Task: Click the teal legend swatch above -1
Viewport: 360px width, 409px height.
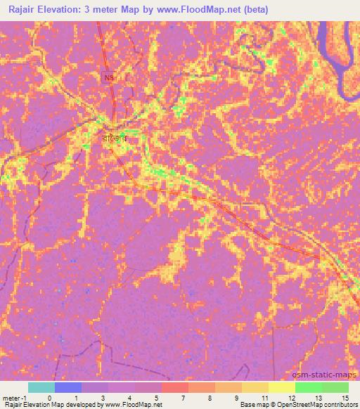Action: [x=41, y=387]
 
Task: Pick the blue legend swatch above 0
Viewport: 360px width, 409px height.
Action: [x=68, y=387]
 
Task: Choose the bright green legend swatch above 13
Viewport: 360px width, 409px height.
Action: [x=309, y=387]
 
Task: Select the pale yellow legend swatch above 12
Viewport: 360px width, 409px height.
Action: [x=282, y=387]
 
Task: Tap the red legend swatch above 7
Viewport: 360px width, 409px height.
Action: [x=175, y=387]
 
